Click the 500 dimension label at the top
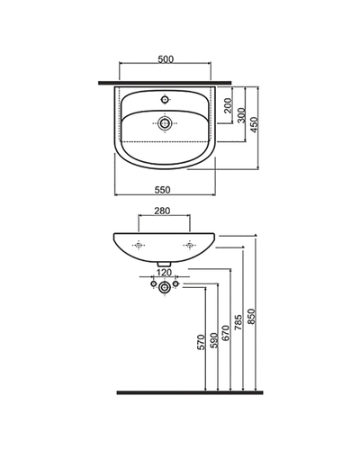[x=166, y=59]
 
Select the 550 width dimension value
[x=162, y=190]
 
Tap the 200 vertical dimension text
[x=229, y=105]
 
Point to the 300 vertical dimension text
[x=241, y=115]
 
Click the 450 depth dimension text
[x=254, y=125]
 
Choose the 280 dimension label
[x=162, y=211]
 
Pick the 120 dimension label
[x=165, y=273]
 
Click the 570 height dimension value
[x=201, y=342]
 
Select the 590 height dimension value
[x=213, y=340]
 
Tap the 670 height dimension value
[x=226, y=333]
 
